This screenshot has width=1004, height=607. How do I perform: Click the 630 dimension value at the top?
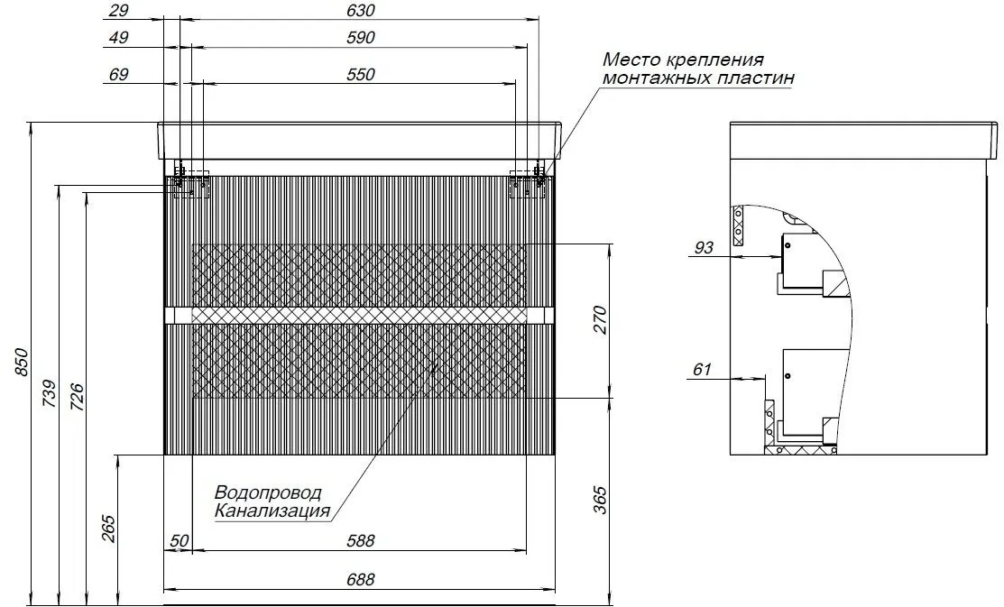click(x=359, y=11)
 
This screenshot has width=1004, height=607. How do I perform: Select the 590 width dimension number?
click(x=359, y=38)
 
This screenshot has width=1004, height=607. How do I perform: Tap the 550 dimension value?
click(x=359, y=75)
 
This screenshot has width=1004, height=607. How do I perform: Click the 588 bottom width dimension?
click(x=360, y=540)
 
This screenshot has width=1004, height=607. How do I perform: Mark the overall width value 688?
click(x=360, y=580)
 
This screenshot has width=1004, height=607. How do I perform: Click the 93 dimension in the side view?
click(x=703, y=246)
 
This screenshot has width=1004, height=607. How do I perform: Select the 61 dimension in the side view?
click(x=703, y=368)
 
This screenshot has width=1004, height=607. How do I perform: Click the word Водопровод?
click(x=268, y=493)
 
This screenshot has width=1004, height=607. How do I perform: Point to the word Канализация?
click(x=272, y=511)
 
